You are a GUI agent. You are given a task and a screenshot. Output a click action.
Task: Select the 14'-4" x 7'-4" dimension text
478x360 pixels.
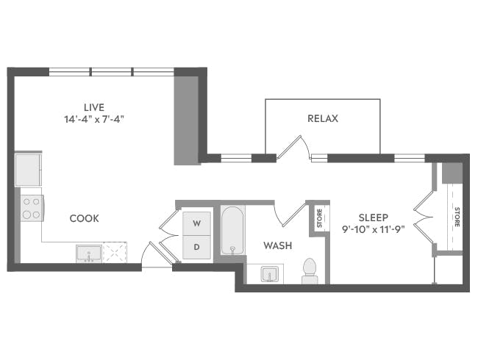[93, 118]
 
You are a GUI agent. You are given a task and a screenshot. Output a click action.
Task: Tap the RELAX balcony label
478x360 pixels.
[322, 118]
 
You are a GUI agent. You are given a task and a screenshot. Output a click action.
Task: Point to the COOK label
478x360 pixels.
[85, 218]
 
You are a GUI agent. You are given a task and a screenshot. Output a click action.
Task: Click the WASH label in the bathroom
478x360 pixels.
[278, 245]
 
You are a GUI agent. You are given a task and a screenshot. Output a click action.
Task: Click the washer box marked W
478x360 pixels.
[196, 223]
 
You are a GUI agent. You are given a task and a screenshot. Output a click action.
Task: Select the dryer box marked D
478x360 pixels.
[196, 246]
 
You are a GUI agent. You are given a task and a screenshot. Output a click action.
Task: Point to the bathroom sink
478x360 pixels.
[269, 275]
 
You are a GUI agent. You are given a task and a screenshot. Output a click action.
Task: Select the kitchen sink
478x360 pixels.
[89, 253]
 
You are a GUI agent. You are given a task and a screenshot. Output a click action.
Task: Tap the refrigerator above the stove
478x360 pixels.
[29, 170]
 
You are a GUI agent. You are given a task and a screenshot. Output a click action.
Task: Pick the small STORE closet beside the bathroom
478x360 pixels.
[319, 218]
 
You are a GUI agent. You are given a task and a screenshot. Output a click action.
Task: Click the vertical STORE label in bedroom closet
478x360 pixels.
[457, 217]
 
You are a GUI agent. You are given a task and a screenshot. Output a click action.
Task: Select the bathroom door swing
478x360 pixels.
[290, 213]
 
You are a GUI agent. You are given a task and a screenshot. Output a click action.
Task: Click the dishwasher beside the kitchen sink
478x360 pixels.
[115, 252]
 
